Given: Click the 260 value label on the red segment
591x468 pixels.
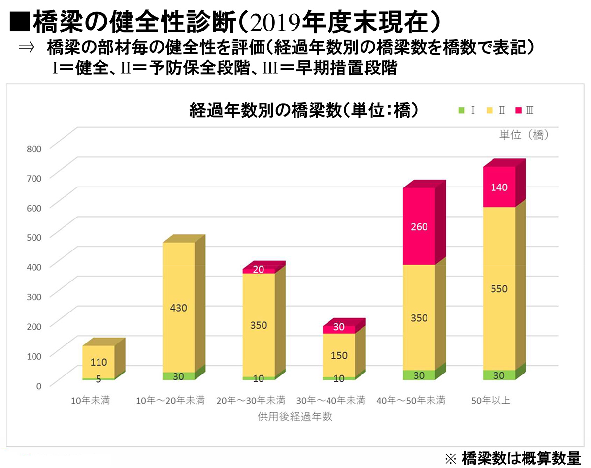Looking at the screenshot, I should (x=419, y=227).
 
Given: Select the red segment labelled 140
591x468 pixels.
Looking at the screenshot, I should (x=499, y=187).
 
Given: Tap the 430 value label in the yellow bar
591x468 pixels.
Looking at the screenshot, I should (x=178, y=308).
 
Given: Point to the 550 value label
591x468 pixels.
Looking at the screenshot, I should (x=499, y=289).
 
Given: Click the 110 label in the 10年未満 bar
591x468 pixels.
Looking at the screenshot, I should (x=98, y=363).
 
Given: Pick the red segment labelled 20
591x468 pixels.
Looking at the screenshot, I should (x=258, y=270).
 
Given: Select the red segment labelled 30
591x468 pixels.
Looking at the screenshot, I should (x=338, y=327).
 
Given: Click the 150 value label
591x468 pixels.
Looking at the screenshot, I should (x=338, y=355).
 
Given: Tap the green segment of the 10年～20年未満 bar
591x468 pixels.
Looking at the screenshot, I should (x=178, y=376).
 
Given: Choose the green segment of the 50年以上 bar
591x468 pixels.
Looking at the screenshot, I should (x=499, y=375).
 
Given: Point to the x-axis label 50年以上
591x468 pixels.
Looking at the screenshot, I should (x=491, y=400).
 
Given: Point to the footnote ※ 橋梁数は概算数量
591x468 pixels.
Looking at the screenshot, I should (x=513, y=458).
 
